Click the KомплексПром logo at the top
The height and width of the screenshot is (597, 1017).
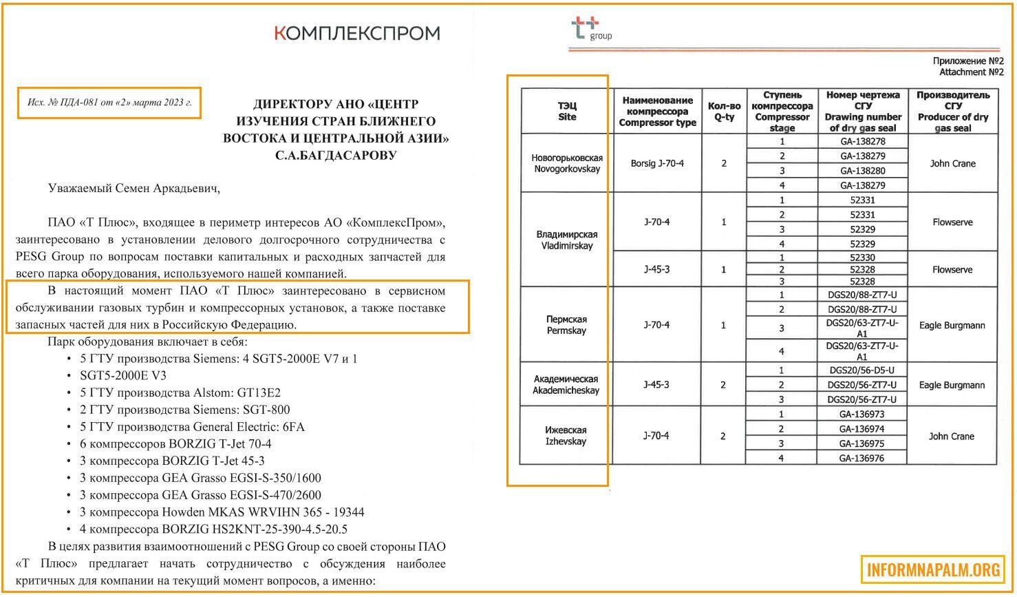(356, 33)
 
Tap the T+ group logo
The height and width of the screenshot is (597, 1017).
(590, 29)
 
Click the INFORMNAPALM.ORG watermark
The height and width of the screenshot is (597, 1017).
(934, 570)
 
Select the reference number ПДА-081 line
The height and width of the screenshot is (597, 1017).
(109, 103)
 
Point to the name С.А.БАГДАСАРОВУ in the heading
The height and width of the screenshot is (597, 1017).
(336, 156)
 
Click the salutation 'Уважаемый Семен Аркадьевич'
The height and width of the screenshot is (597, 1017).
(134, 188)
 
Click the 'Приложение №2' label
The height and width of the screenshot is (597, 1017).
(968, 61)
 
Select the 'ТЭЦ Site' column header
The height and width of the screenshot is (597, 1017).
(567, 112)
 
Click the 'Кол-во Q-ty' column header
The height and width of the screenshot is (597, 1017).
(724, 112)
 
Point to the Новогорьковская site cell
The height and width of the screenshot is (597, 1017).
(567, 163)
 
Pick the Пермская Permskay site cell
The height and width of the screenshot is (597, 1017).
(567, 325)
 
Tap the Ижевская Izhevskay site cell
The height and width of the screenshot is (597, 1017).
(567, 436)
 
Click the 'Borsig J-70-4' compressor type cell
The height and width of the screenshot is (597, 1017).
(657, 164)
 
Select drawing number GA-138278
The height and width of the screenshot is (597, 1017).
(862, 141)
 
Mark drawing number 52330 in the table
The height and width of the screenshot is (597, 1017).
(862, 258)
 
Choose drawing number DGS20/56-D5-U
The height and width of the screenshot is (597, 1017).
(862, 370)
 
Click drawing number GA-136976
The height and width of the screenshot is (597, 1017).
(862, 459)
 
